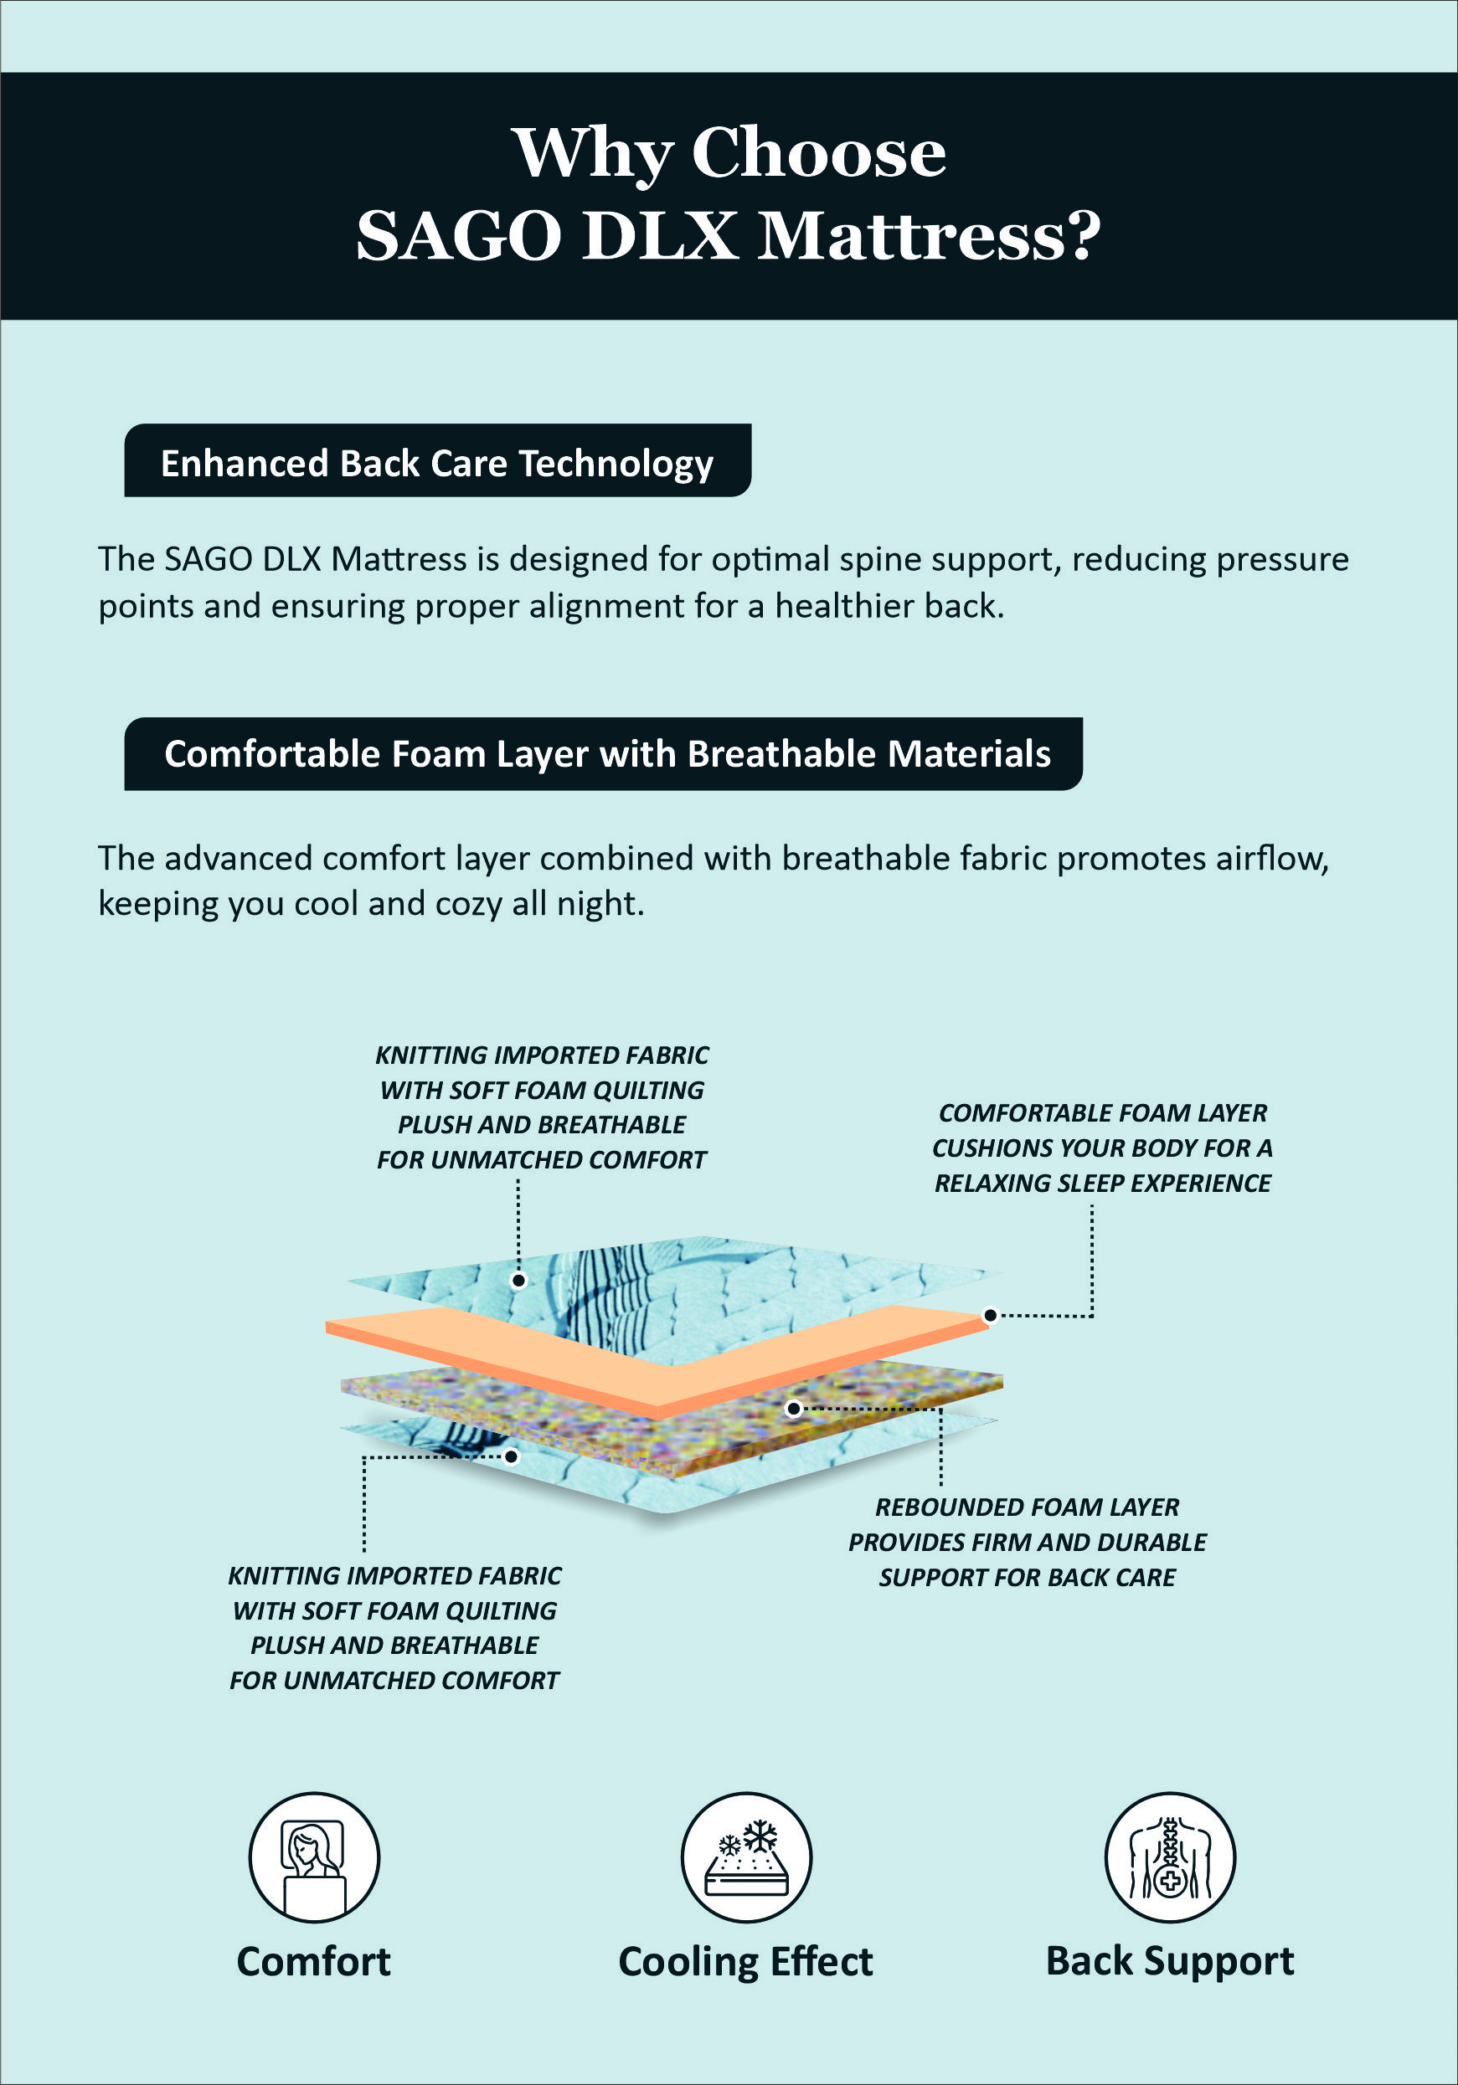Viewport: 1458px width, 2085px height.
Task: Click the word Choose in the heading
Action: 818,152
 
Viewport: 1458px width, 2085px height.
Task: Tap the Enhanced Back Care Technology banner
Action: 437,461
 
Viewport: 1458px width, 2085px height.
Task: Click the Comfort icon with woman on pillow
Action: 314,1857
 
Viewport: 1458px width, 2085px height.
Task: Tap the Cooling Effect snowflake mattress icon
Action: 746,1857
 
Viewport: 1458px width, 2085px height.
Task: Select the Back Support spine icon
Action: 1170,1857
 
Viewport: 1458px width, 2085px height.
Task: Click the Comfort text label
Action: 314,1961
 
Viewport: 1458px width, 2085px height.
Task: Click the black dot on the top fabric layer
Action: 518,1281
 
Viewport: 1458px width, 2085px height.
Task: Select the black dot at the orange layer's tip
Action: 991,1315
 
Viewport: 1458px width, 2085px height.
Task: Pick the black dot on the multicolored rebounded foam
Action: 794,1409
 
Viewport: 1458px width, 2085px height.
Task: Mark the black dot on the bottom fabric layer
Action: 512,1456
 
